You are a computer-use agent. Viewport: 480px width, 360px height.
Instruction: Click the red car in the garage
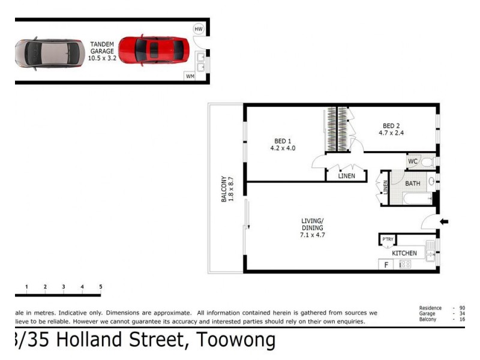154,49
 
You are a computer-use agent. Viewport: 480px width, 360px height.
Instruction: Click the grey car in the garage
49,53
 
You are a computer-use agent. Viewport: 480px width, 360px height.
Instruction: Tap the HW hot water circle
199,29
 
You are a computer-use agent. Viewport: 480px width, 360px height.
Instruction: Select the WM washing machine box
190,76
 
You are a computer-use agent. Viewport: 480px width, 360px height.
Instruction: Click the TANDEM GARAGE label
101,52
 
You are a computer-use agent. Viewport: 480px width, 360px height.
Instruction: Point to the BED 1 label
283,144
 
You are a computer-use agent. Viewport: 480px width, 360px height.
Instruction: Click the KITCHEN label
404,253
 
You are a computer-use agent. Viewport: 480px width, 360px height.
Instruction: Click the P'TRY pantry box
387,241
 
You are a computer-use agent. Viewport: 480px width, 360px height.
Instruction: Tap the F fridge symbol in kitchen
385,264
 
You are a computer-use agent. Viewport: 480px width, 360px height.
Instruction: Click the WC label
413,161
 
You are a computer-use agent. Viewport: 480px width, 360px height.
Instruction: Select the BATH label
412,184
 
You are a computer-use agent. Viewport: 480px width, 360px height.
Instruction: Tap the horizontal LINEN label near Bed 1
346,176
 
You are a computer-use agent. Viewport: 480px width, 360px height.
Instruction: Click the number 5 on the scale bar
100,287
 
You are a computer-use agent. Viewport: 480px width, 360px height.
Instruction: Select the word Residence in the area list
430,308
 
